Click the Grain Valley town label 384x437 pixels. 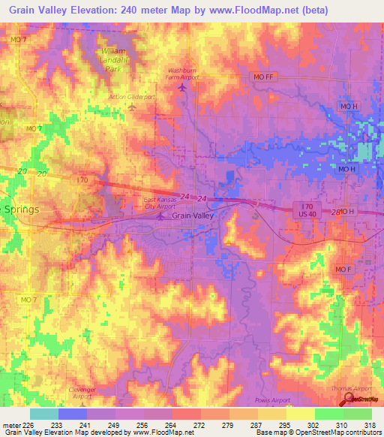[193, 215]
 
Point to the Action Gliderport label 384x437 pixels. [131, 96]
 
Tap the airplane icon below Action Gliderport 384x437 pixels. [132, 108]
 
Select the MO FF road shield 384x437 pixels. [260, 77]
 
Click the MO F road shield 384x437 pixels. [343, 270]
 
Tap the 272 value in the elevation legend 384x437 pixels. [200, 424]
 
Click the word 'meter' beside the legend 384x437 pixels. [10, 424]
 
